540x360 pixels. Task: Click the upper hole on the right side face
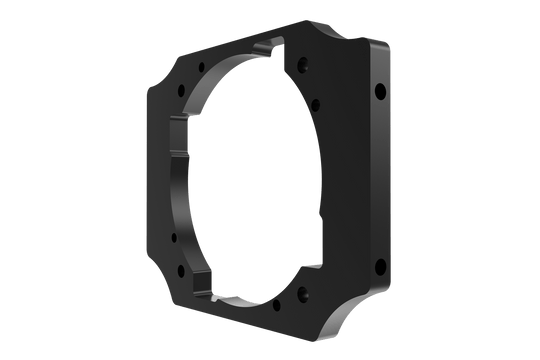pyautogui.click(x=380, y=92)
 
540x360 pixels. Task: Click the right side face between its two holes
pyautogui.click(x=380, y=180)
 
